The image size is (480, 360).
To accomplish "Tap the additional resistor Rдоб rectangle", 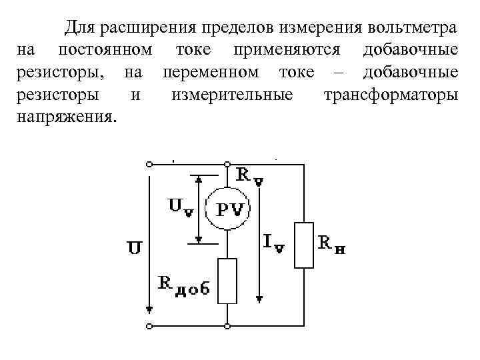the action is [228, 280].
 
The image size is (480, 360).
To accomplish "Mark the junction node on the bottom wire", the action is [228, 327].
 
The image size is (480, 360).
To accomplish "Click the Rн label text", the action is [331, 245].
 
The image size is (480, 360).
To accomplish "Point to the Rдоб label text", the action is [184, 285].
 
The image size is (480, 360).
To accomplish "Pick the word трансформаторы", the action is [390, 95].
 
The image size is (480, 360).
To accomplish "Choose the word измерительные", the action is [231, 95].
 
